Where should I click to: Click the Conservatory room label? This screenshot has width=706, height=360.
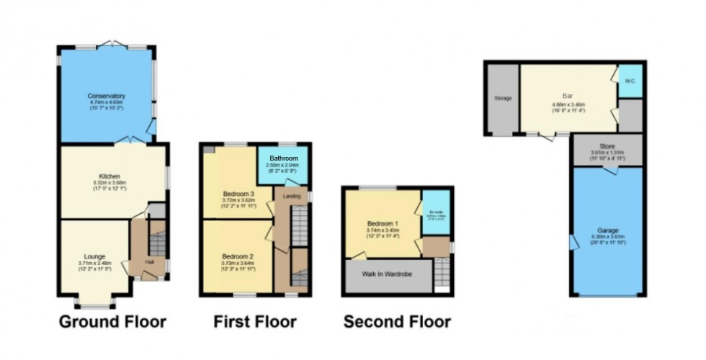107,96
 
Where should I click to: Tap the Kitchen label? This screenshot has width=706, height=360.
109,176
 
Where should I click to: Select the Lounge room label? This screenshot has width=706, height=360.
94,256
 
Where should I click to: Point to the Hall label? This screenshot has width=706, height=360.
149,261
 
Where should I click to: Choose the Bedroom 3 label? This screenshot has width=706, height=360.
236,174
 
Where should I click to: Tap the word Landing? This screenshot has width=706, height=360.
292,196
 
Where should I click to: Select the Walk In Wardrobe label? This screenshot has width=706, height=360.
388,274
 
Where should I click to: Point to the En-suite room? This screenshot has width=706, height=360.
436,213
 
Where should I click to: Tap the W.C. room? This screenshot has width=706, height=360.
630,81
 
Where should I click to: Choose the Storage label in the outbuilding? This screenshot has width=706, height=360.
503,98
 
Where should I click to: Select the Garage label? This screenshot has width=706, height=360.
607,230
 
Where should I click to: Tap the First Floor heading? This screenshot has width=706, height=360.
255,321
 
